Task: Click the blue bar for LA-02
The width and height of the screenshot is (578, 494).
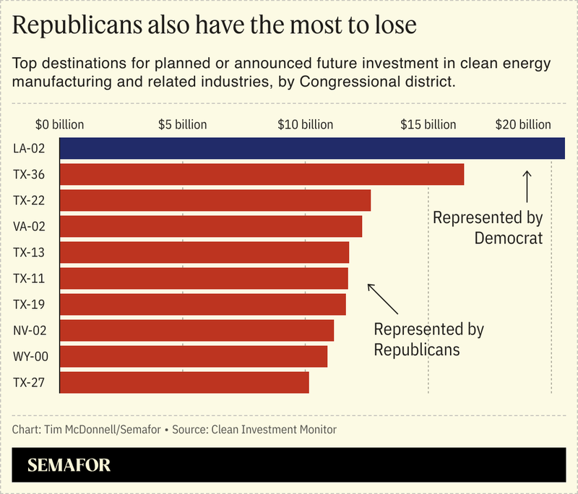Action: point(311,148)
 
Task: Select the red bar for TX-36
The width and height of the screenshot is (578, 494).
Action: point(261,175)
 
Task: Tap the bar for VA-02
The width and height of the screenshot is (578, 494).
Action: point(210,227)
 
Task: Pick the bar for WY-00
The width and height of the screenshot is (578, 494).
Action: point(193,356)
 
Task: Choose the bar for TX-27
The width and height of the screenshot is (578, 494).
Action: point(184,382)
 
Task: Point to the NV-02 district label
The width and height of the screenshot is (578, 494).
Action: point(30,331)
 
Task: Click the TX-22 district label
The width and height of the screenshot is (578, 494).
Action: point(30,201)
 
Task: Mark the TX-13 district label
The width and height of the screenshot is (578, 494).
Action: point(30,253)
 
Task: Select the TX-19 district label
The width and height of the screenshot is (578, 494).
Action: point(30,305)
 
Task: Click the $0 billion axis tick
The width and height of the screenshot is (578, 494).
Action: point(60,124)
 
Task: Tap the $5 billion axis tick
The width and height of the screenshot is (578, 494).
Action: point(182,124)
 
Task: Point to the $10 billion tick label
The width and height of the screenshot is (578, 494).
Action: point(305,124)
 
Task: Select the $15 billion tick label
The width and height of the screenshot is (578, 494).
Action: point(428,124)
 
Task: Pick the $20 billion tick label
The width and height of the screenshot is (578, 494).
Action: point(522,124)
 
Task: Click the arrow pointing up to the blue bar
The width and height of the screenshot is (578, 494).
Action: point(527,186)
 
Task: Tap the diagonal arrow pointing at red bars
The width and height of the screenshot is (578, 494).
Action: point(382,297)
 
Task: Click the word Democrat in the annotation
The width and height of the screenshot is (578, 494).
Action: point(508,237)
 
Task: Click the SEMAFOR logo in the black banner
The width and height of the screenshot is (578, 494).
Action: point(69,465)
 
